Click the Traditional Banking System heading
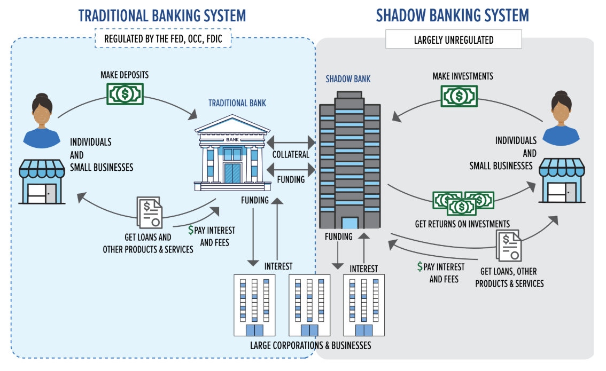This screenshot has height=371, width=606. pos(162,15)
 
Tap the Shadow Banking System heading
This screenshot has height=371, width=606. pos(452,15)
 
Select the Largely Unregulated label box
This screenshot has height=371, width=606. pos(453,40)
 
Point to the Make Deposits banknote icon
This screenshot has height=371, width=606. pos(126,94)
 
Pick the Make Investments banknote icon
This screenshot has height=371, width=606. pos(459,96)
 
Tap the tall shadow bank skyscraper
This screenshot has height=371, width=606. pos(349,160)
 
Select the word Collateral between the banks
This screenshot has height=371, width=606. pos(291,154)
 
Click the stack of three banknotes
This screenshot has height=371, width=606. pos(463,201)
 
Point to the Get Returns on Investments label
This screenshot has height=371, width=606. pos(462,224)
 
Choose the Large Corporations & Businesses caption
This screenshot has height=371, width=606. pos(310,345)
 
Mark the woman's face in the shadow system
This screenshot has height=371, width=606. pos(561,110)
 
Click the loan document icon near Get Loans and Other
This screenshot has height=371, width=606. pos(150,213)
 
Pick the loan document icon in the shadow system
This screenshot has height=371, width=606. pos(509,247)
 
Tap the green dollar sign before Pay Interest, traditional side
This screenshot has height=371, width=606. pos(191,230)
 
